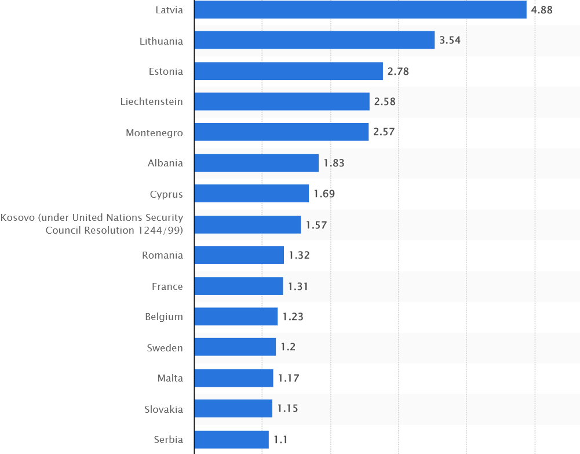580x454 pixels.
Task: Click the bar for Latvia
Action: [360, 10]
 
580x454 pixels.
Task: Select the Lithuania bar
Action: [314, 41]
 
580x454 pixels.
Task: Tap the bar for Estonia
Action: [288, 71]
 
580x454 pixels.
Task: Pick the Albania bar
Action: [256, 163]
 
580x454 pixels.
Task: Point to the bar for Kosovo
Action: [247, 224]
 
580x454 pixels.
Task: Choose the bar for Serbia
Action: [231, 440]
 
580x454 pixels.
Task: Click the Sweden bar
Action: [235, 347]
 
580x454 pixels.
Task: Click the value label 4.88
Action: [542, 10]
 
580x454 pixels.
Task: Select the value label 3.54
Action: [450, 41]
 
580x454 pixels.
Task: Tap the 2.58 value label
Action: [385, 101]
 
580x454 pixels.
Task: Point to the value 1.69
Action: [324, 194]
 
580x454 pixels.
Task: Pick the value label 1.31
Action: [298, 286]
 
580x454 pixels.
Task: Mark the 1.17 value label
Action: [289, 378]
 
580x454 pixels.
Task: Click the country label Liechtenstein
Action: [152, 102]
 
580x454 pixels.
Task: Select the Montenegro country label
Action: [154, 133]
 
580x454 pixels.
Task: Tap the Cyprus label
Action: [166, 194]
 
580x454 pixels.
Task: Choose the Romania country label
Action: [162, 255]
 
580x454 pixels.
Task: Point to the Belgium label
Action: [164, 317]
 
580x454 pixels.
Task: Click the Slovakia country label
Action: [163, 409]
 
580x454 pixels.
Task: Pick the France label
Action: [167, 286]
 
